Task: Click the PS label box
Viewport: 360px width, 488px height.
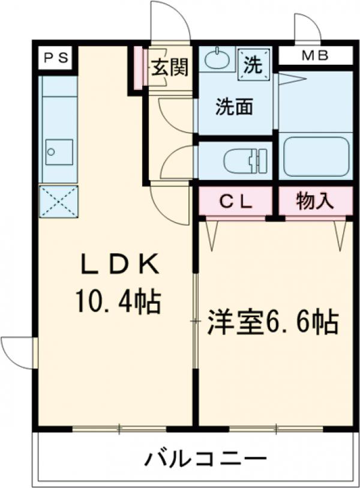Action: click(56, 59)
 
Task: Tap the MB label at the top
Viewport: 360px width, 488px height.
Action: click(315, 56)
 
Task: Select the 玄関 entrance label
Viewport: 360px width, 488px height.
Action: click(169, 67)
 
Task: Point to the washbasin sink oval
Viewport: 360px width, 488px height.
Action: click(217, 60)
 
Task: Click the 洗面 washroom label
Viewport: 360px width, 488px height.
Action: click(234, 107)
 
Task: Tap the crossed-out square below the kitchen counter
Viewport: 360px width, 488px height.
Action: click(59, 201)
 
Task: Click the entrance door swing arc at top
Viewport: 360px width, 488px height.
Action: click(170, 21)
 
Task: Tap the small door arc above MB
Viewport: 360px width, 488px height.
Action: click(304, 27)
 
